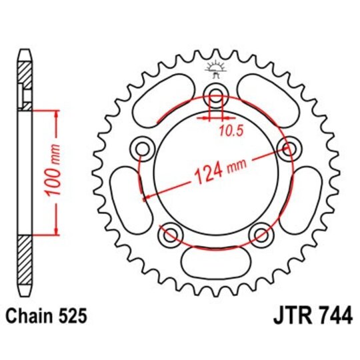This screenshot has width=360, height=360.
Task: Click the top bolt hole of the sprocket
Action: coord(216,93)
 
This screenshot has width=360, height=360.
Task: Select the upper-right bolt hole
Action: coord(288,148)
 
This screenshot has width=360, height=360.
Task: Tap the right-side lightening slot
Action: coord(306,200)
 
